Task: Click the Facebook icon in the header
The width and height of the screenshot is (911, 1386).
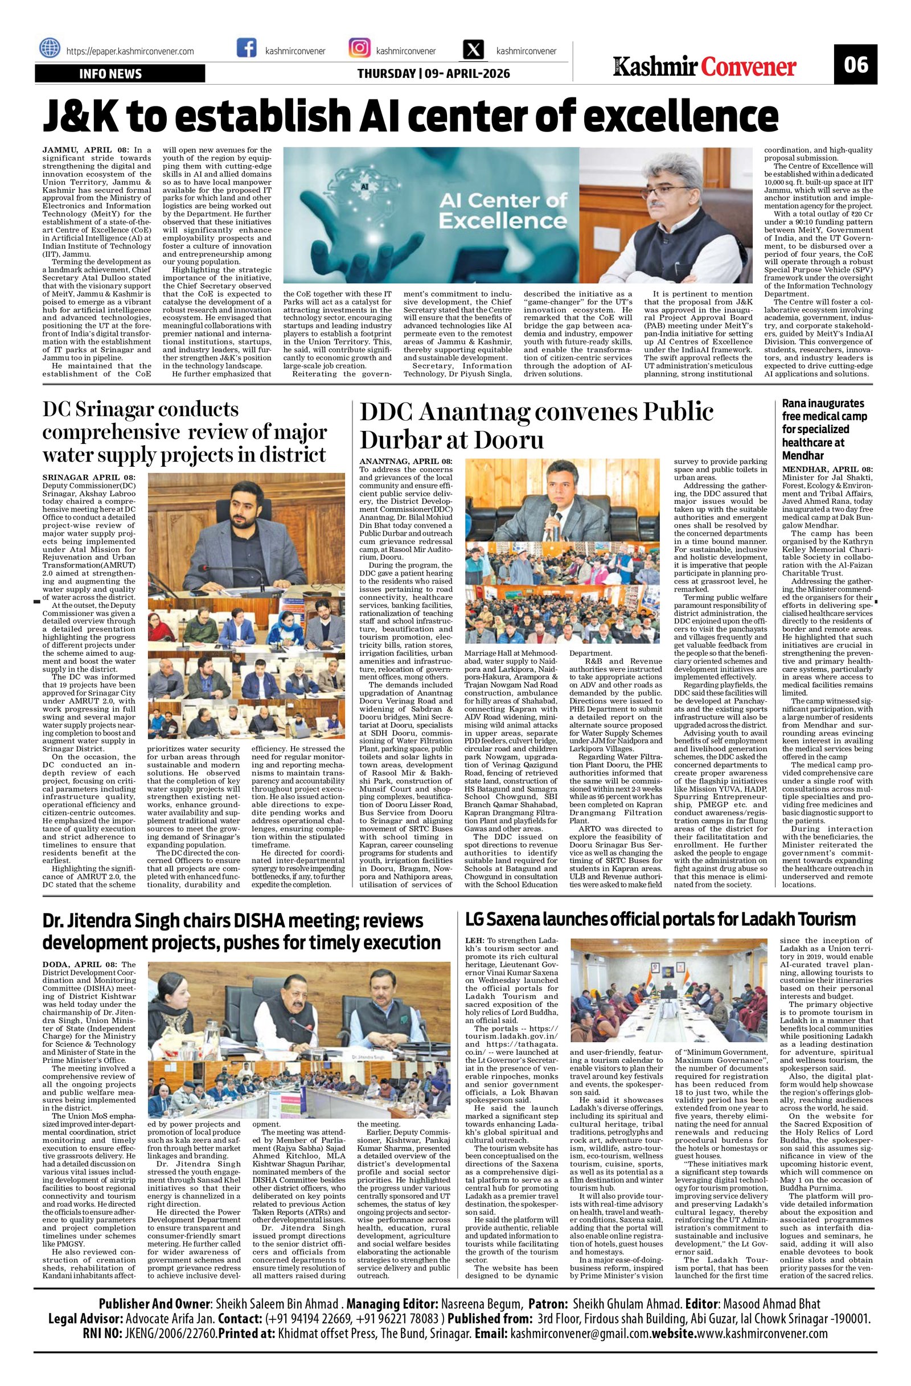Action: pyautogui.click(x=247, y=49)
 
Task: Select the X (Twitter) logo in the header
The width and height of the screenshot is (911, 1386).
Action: pyautogui.click(x=472, y=50)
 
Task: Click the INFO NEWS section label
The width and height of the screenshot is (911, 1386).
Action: pyautogui.click(x=110, y=74)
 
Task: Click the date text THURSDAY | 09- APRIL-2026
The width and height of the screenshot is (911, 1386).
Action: pyautogui.click(x=433, y=74)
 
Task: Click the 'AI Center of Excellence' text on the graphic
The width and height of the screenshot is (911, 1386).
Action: pyautogui.click(x=503, y=211)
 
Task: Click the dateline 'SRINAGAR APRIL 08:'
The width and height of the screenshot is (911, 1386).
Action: pyautogui.click(x=88, y=478)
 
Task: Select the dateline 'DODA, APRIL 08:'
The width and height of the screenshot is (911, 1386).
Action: pyautogui.click(x=80, y=965)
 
